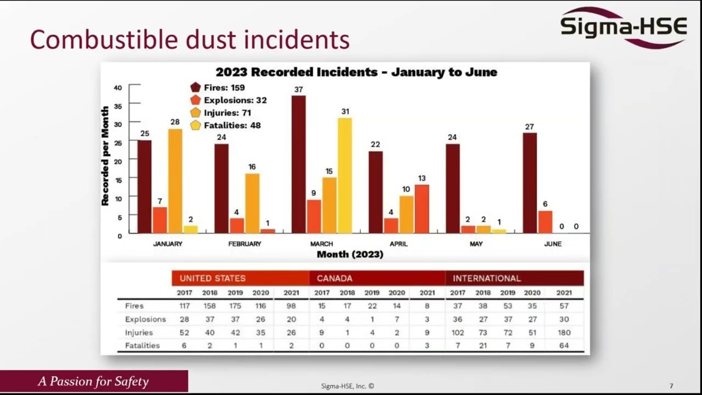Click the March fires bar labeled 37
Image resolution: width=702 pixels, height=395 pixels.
click(x=298, y=165)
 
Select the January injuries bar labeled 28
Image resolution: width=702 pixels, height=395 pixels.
click(x=175, y=181)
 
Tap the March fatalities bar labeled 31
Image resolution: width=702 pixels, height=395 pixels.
click(x=344, y=176)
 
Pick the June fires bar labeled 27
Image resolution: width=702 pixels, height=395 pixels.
click(x=529, y=183)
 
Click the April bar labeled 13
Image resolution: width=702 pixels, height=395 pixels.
click(x=422, y=209)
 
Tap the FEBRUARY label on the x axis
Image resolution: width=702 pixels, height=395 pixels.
click(x=245, y=244)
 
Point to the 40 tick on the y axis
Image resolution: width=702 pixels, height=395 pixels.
click(x=118, y=88)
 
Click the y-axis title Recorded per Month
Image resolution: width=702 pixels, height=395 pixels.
click(x=105, y=156)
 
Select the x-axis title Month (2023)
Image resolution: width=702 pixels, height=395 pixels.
click(x=350, y=255)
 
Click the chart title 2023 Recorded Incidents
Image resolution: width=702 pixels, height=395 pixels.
click(x=356, y=72)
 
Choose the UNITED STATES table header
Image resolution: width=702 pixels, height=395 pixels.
click(x=213, y=278)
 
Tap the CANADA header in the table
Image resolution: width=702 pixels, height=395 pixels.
click(x=335, y=278)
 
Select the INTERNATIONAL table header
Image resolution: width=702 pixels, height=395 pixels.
click(x=487, y=278)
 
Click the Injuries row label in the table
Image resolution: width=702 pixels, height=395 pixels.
click(x=139, y=332)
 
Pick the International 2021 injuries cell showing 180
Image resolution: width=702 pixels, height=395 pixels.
click(x=563, y=332)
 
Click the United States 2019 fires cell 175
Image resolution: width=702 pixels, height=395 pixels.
click(x=235, y=306)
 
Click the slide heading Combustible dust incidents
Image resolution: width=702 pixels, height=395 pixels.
click(x=190, y=40)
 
